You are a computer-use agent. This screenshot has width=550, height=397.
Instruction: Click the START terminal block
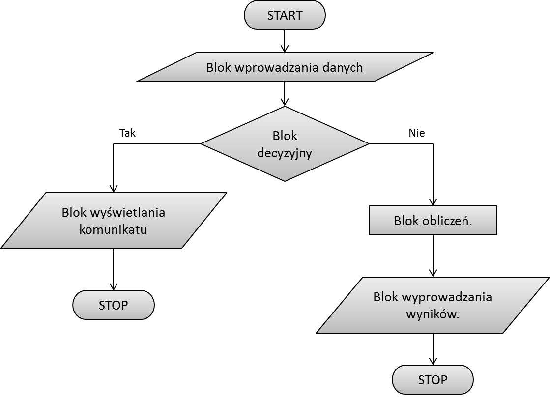point(285,15)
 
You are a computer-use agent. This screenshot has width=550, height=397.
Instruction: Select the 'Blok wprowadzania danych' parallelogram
point(285,67)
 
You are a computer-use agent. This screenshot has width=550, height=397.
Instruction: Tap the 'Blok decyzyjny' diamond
point(285,144)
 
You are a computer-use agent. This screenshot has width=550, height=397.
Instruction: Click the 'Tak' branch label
point(128,133)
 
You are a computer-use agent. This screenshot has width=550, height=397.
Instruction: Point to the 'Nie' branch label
point(417,133)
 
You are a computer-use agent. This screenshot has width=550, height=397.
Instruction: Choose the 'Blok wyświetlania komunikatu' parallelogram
point(114,221)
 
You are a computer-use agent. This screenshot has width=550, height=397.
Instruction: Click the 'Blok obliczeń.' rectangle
point(433,221)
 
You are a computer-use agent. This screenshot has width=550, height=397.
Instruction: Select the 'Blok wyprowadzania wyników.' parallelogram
point(433,306)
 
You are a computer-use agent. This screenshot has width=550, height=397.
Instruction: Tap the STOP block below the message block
point(114,305)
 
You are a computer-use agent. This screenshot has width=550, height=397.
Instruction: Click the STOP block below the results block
point(433,380)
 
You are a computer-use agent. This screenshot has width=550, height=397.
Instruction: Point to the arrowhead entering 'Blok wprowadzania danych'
point(285,49)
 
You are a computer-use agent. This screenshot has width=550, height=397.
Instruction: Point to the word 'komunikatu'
point(114,229)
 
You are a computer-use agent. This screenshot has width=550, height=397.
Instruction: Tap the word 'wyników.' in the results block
point(433,315)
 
